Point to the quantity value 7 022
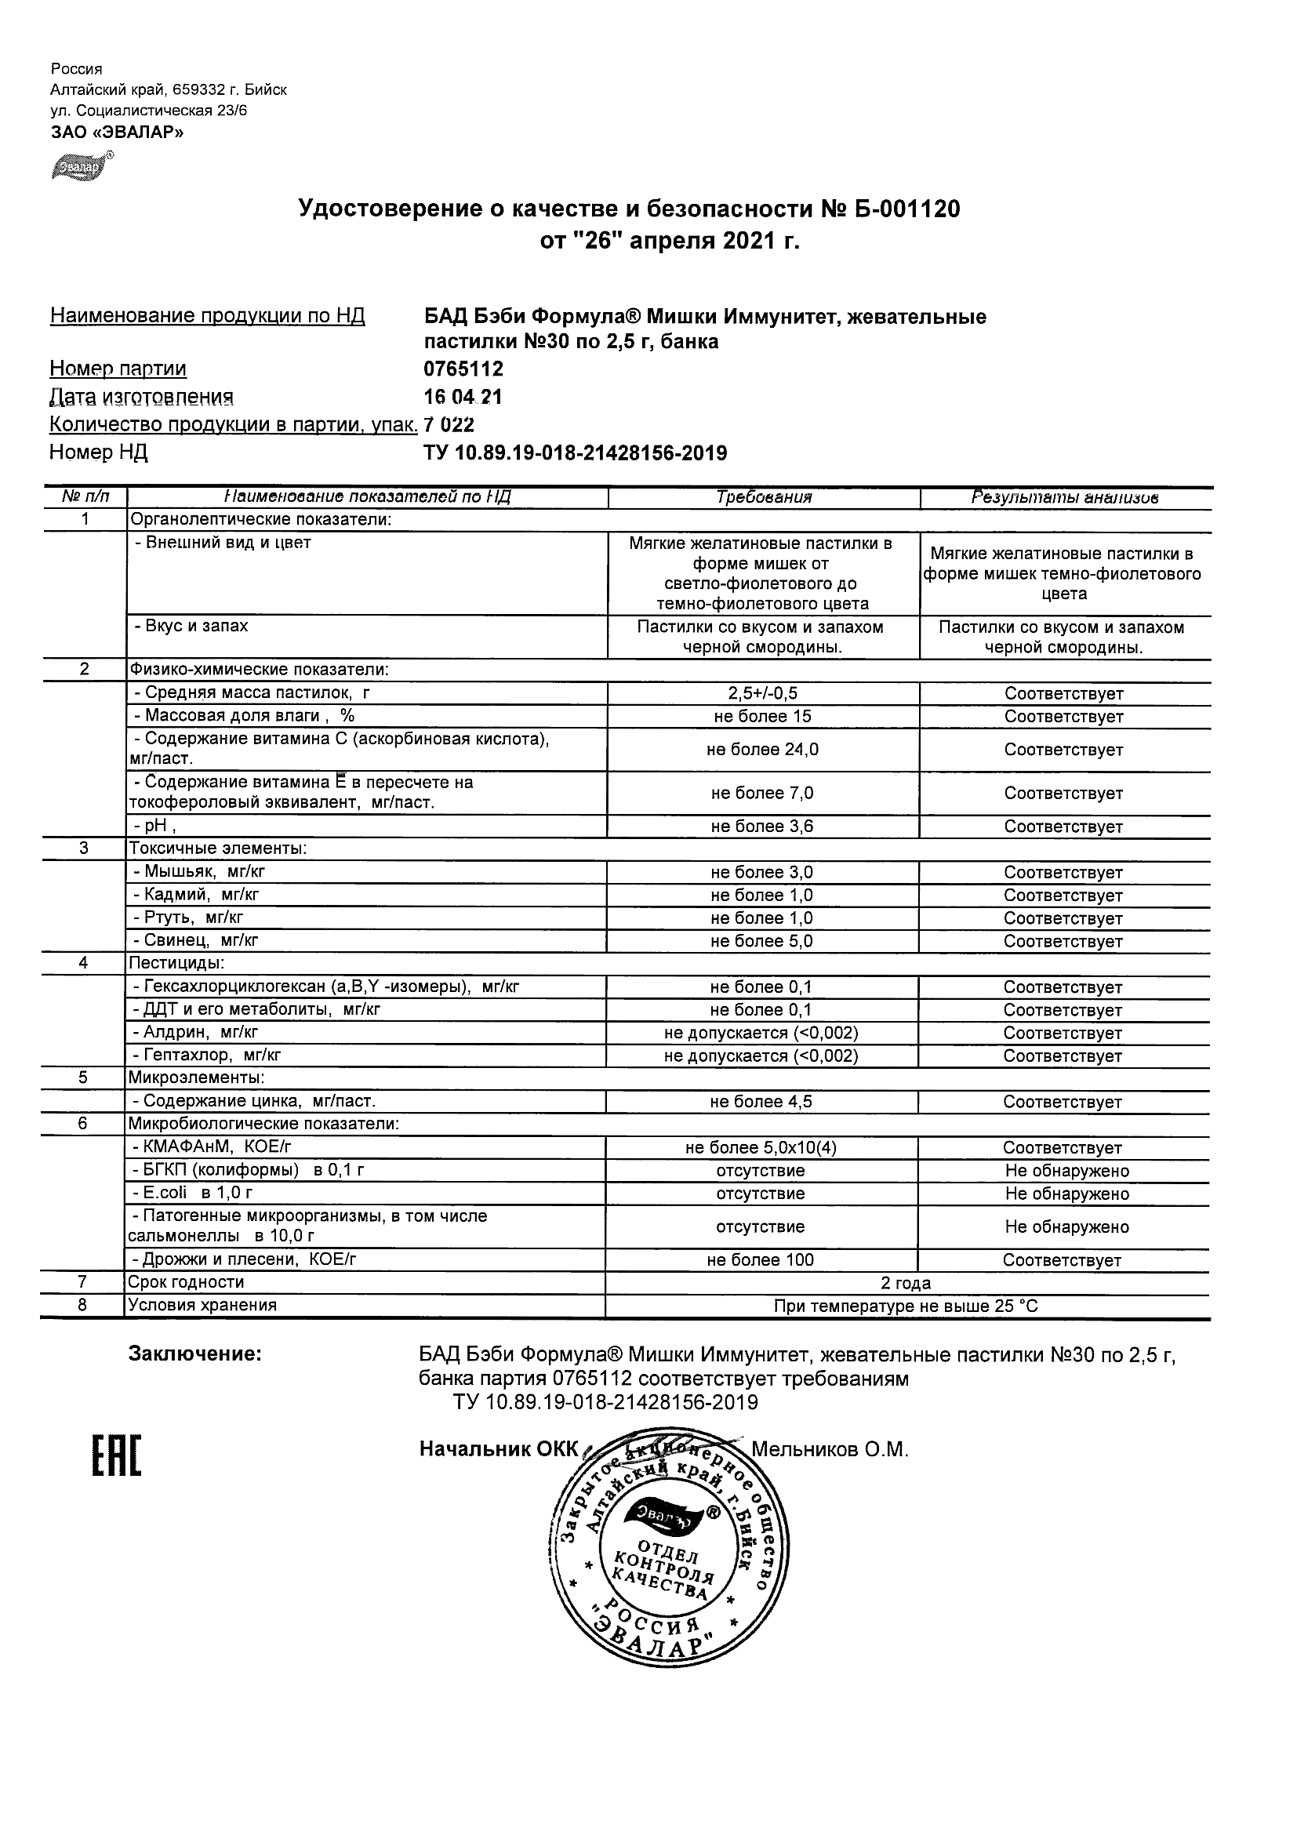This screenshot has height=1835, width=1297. pos(449,424)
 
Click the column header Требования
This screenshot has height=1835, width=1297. pos(764,497)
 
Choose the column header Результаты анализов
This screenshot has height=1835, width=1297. pos(1065,497)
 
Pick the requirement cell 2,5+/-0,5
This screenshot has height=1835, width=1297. pos(762,694)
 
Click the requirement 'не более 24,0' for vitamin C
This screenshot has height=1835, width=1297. pos(762,750)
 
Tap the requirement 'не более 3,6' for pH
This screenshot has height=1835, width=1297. pos(762,827)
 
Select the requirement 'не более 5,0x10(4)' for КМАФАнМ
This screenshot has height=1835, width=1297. pos(761,1148)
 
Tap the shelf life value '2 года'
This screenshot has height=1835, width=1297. pos(906,1284)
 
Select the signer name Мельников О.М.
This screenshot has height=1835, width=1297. pos(830,1449)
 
